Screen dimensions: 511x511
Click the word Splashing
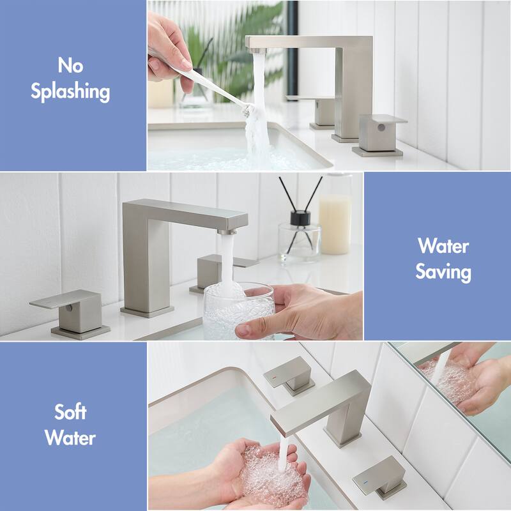[70, 91]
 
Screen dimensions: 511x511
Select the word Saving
[443, 272]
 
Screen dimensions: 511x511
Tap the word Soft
[70, 411]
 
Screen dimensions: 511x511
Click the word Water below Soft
[70, 438]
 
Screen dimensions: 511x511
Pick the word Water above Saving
[443, 246]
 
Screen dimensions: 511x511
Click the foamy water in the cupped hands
[271, 473]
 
